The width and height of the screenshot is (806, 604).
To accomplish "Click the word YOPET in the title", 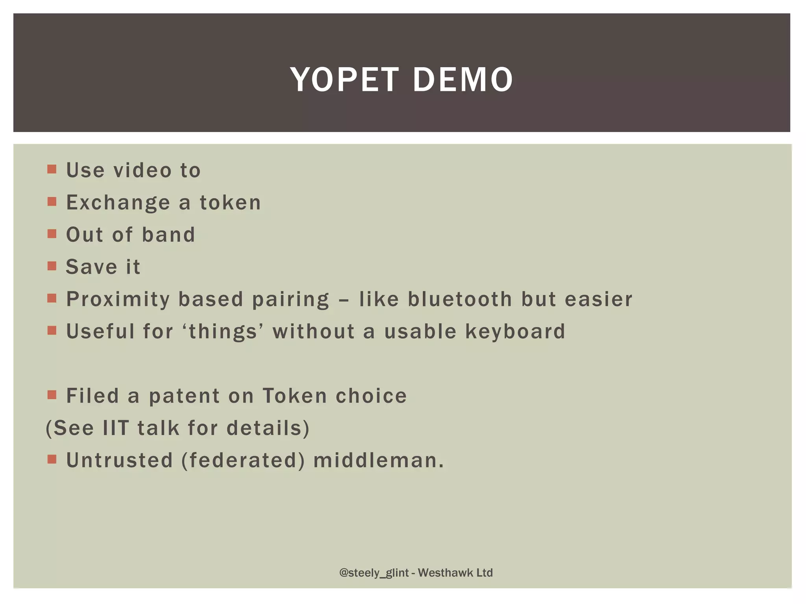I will pos(345,80).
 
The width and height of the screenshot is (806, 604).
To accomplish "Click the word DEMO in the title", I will pos(463,80).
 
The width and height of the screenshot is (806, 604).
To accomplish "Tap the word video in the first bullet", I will pos(142,171).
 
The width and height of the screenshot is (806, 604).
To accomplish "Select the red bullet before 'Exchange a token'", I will pos(52,202).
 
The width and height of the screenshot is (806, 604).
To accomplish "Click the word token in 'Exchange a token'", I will pos(230,203).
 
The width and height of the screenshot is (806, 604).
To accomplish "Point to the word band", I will pos(168,235).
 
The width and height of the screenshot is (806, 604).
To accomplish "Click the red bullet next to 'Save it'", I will pos(52,267).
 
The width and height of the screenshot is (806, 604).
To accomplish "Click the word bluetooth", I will pos(460,299).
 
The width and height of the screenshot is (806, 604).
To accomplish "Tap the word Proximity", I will pos(118,300).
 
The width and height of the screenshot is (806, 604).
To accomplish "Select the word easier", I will pos(598,299).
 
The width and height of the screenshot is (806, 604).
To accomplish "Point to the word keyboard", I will pos(516,331).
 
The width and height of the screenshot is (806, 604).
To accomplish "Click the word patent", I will pos(184,396).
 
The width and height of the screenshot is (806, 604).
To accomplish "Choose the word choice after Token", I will pos(371,396).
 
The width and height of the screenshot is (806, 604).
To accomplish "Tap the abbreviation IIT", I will pos(116,428).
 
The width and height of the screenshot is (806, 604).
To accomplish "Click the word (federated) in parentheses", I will pos(243,460).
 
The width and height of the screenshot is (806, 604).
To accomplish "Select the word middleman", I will pos(379,460).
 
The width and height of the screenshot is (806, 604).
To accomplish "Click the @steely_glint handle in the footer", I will pos(374,573).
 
